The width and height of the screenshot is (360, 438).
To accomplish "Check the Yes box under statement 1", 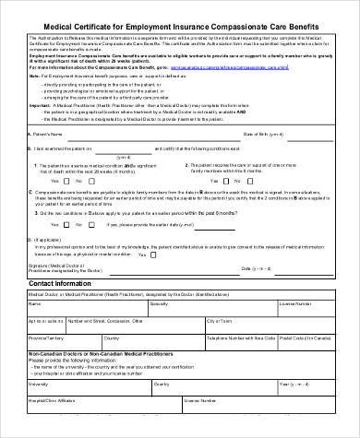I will pyautogui.click(x=43, y=181).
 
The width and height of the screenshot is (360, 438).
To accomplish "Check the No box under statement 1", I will pyautogui.click(x=71, y=181).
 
